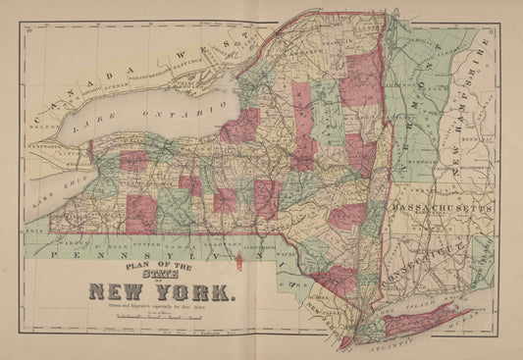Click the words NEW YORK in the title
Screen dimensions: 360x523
pos(161,291)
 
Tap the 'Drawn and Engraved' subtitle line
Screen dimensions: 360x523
pos(161,307)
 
